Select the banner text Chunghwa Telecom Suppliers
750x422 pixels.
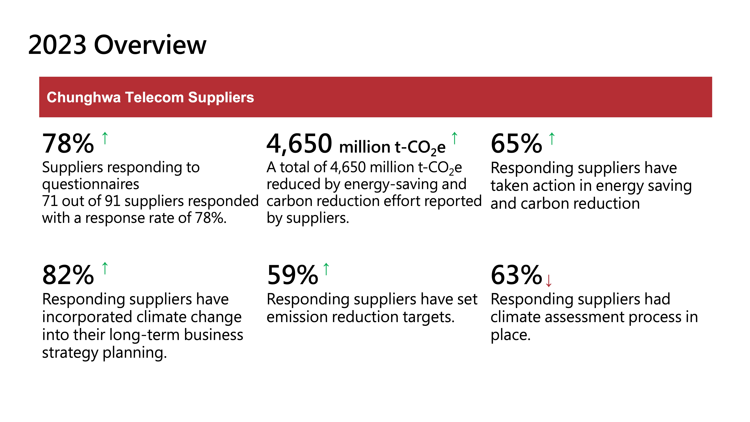(x=150, y=97)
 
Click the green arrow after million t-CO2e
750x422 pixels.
(x=454, y=138)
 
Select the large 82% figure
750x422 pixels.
(x=68, y=275)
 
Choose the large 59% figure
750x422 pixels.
(x=293, y=275)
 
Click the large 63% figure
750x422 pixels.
(x=516, y=275)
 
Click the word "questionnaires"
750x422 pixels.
(x=91, y=184)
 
